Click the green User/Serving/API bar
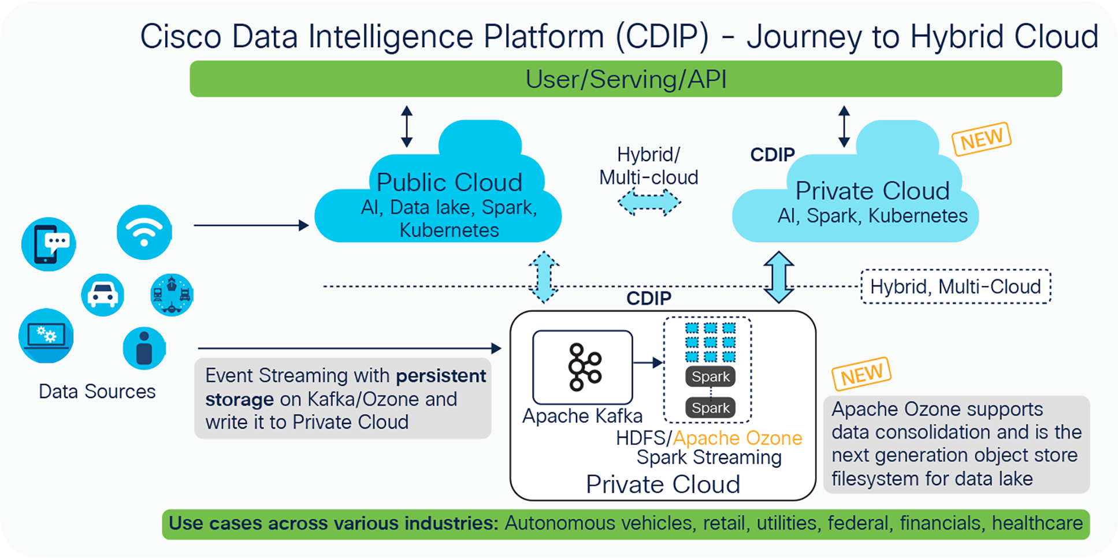[625, 79]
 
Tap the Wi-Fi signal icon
[144, 232]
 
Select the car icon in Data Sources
[102, 295]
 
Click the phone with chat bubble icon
[49, 244]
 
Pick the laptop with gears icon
[46, 336]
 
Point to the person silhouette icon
[144, 348]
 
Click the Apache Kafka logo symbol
[584, 367]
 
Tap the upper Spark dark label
[710, 377]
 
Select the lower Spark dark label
[710, 408]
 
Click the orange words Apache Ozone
[737, 438]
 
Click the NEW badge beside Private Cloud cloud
[981, 139]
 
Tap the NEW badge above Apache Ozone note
[861, 374]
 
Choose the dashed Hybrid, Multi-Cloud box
[955, 287]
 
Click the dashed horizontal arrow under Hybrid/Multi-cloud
[649, 202]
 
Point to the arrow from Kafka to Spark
[647, 363]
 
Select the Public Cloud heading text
[449, 183]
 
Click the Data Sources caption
[97, 392]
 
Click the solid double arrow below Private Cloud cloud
[778, 277]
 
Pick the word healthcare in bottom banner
[1037, 523]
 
